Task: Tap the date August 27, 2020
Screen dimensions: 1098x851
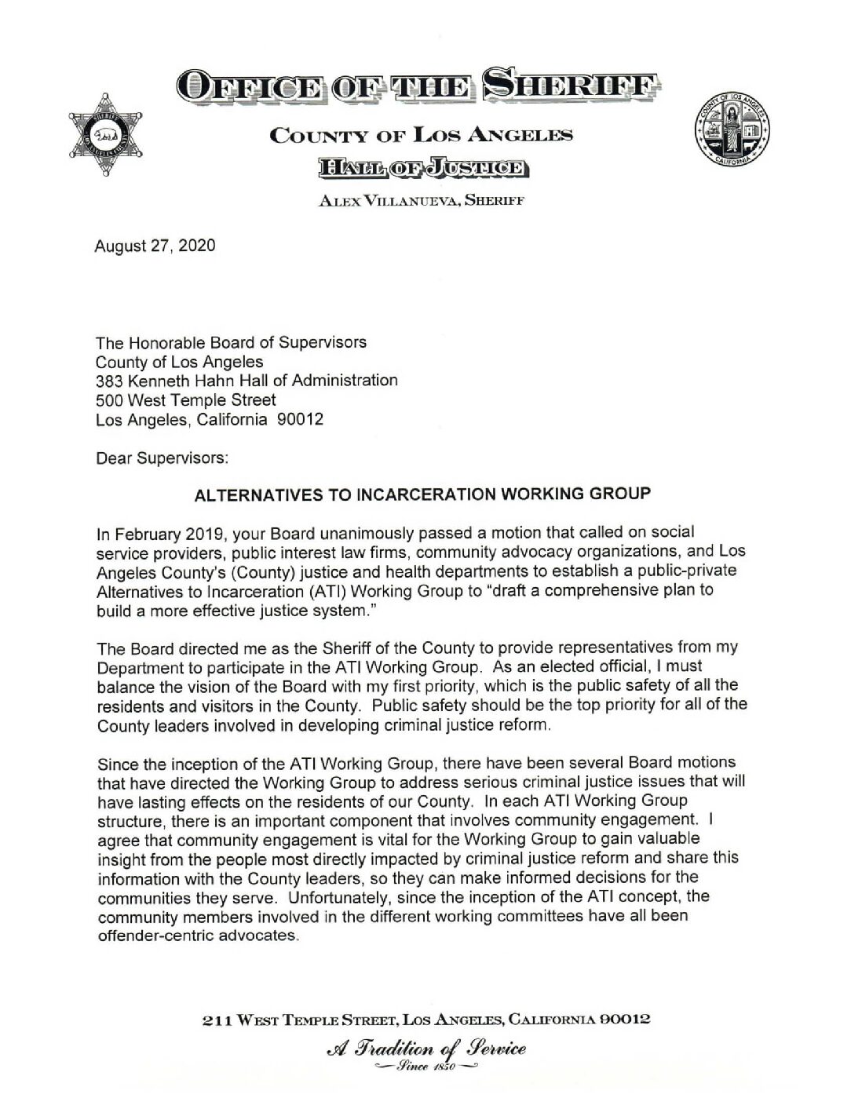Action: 155,246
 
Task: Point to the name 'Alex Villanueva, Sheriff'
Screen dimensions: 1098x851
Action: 421,200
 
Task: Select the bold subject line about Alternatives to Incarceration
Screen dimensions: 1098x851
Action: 422,494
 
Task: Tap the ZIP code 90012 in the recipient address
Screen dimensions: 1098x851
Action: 301,420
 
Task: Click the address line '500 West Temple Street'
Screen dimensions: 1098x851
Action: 185,400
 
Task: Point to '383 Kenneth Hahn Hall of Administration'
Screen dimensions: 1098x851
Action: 247,381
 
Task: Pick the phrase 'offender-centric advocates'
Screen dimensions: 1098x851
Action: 198,936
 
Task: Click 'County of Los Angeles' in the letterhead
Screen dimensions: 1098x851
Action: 421,135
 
